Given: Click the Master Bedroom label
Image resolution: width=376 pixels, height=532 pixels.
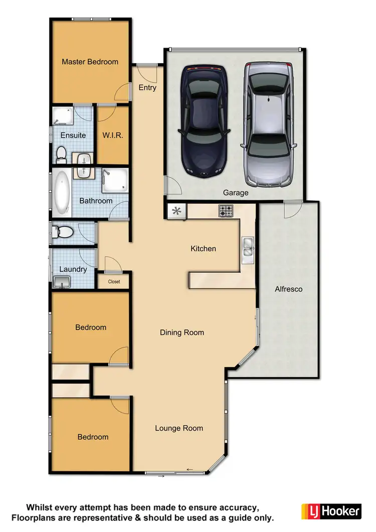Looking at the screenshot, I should tap(90, 62).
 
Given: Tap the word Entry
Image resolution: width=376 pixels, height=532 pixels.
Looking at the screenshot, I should tap(147, 88).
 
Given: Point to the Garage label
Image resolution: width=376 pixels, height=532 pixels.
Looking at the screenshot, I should tap(236, 193).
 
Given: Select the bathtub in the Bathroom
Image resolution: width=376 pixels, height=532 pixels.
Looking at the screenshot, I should tap(63, 191).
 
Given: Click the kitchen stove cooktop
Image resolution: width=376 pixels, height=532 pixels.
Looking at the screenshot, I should tap(226, 212).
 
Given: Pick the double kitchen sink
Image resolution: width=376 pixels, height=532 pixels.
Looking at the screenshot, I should tap(248, 247).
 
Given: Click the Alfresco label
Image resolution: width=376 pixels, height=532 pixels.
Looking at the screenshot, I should tap(288, 289).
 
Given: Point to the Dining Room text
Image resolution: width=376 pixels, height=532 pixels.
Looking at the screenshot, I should tap(182, 332).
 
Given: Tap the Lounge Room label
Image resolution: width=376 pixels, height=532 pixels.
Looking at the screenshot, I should tap(179, 428).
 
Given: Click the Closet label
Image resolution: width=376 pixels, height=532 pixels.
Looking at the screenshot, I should tap(114, 282).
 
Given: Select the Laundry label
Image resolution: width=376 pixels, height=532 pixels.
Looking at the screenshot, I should tap(73, 269).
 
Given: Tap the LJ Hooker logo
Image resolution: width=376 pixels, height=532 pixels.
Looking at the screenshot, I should tap(331, 511).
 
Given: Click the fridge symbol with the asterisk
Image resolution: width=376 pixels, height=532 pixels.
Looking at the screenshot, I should tap(176, 211).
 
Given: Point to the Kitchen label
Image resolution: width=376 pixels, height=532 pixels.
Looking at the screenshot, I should tap(204, 248).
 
